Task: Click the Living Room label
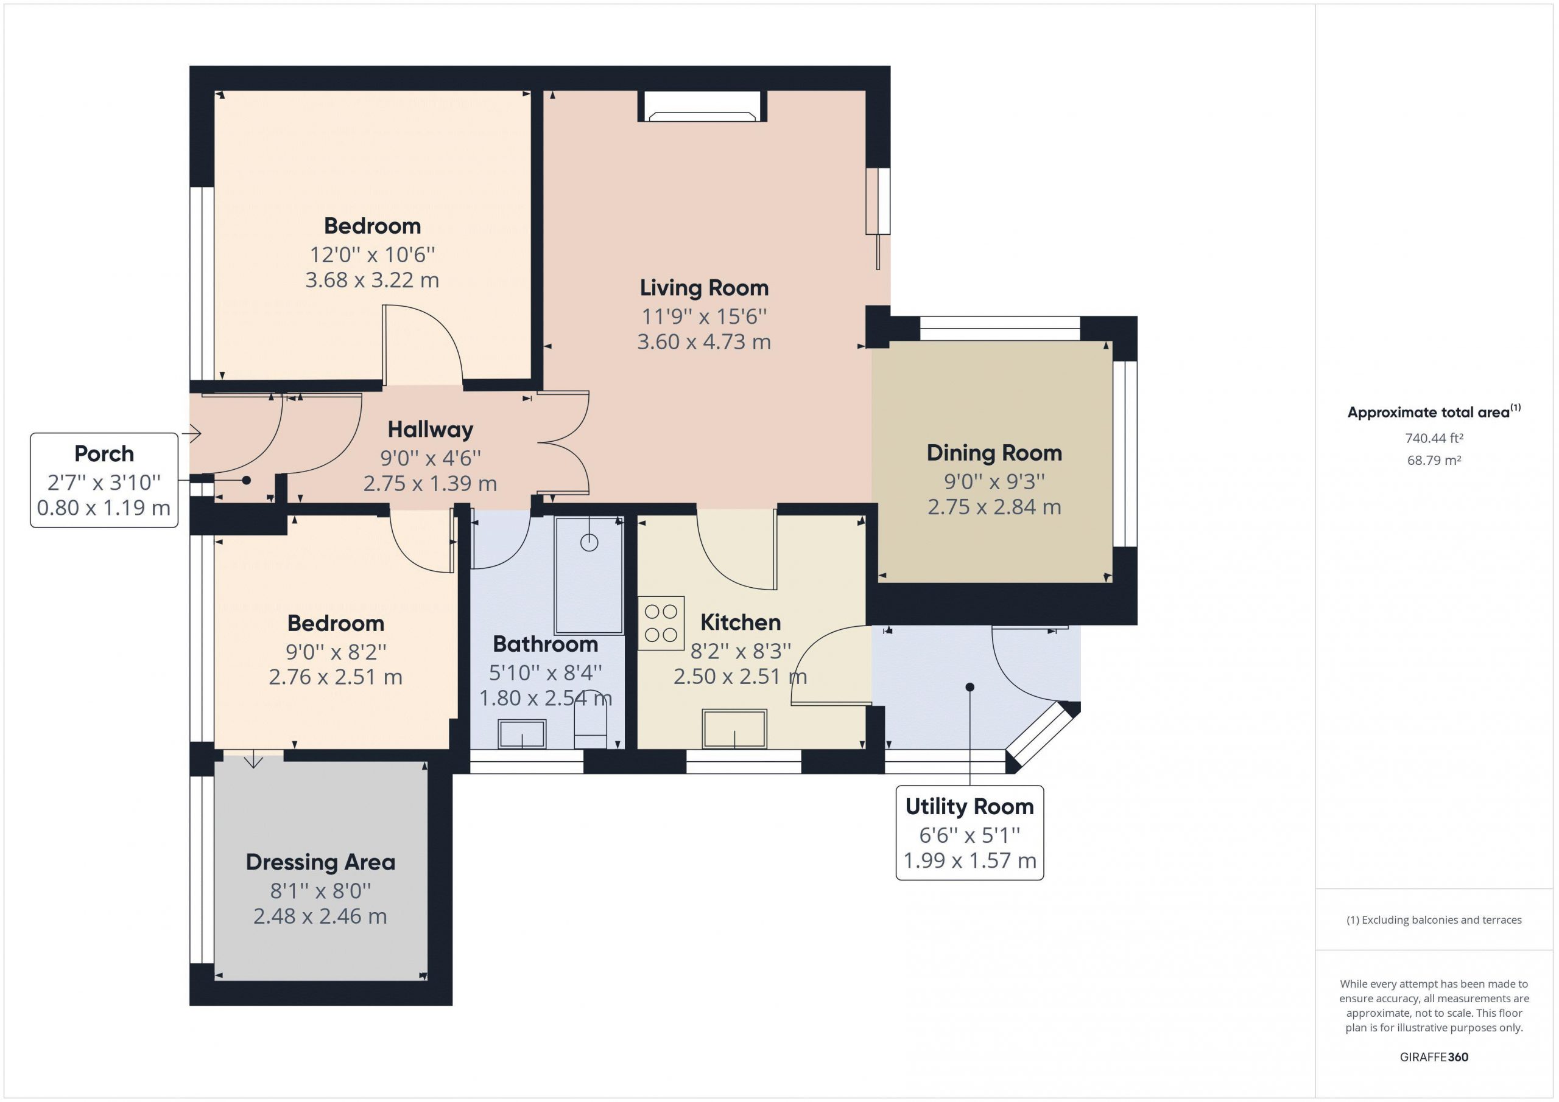[x=704, y=288]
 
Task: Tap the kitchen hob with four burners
[x=661, y=623]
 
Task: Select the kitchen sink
[x=734, y=729]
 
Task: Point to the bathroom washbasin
[x=521, y=734]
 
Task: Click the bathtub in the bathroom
[x=589, y=576]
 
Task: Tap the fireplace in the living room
[x=703, y=106]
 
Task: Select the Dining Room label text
[x=994, y=453]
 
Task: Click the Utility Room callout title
[x=970, y=806]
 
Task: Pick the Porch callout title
[x=104, y=453]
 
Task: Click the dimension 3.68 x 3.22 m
[x=372, y=279]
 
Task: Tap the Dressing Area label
[x=320, y=862]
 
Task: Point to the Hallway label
[x=431, y=430]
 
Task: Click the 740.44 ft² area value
[x=1434, y=438]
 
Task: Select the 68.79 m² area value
[x=1434, y=460]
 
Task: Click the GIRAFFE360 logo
[x=1434, y=1056]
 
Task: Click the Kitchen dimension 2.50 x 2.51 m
[x=740, y=677]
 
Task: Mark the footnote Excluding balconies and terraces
[x=1434, y=920]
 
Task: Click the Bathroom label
[x=545, y=644]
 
